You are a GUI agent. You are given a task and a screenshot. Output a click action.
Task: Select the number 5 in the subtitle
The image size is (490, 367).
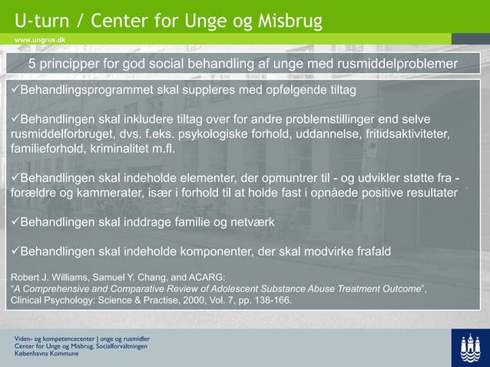(33, 63)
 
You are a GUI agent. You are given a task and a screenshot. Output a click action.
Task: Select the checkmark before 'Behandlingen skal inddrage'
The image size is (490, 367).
(13, 223)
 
